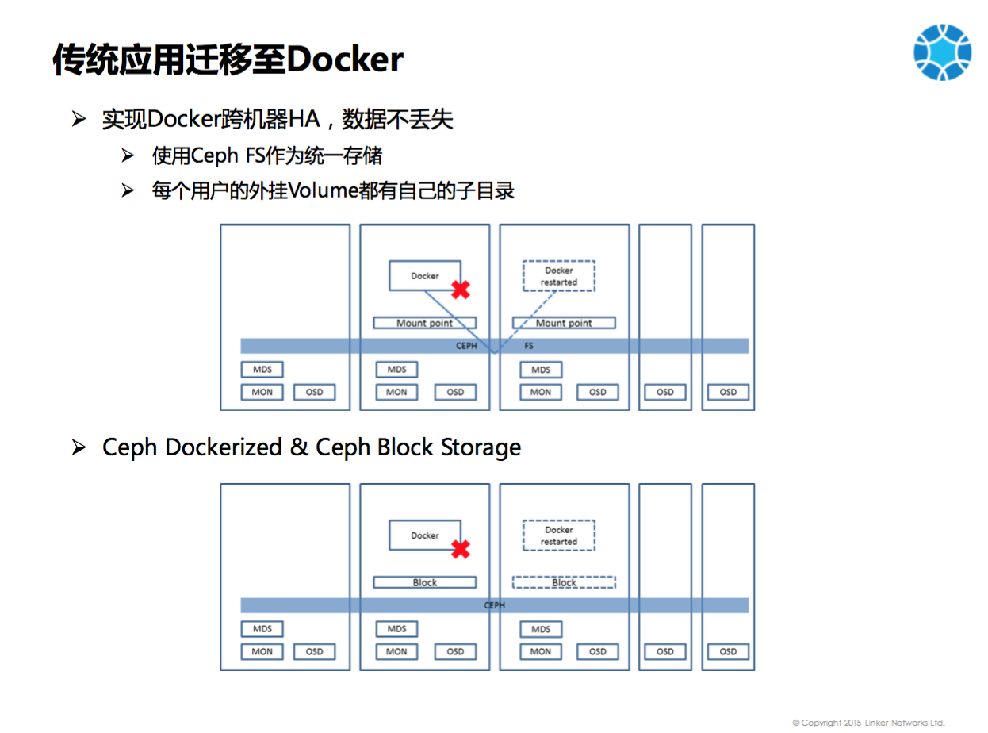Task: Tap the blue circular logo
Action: pos(942,52)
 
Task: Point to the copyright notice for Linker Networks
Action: pos(868,723)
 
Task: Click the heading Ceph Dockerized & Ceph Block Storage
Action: pos(312,447)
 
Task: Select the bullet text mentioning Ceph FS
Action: pos(266,155)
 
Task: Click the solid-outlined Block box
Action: pos(425,582)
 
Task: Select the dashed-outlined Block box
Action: pos(564,582)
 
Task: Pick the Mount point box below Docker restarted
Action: pos(564,323)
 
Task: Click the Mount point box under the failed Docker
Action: pos(425,323)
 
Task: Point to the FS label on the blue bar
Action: pos(529,346)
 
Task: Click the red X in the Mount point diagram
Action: pos(460,290)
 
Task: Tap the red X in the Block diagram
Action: pos(460,549)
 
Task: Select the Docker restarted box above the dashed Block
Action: pos(559,535)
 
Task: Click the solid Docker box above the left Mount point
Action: pos(424,275)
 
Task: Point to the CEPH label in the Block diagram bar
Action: pos(494,605)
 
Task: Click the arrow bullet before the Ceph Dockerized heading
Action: pos(79,447)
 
